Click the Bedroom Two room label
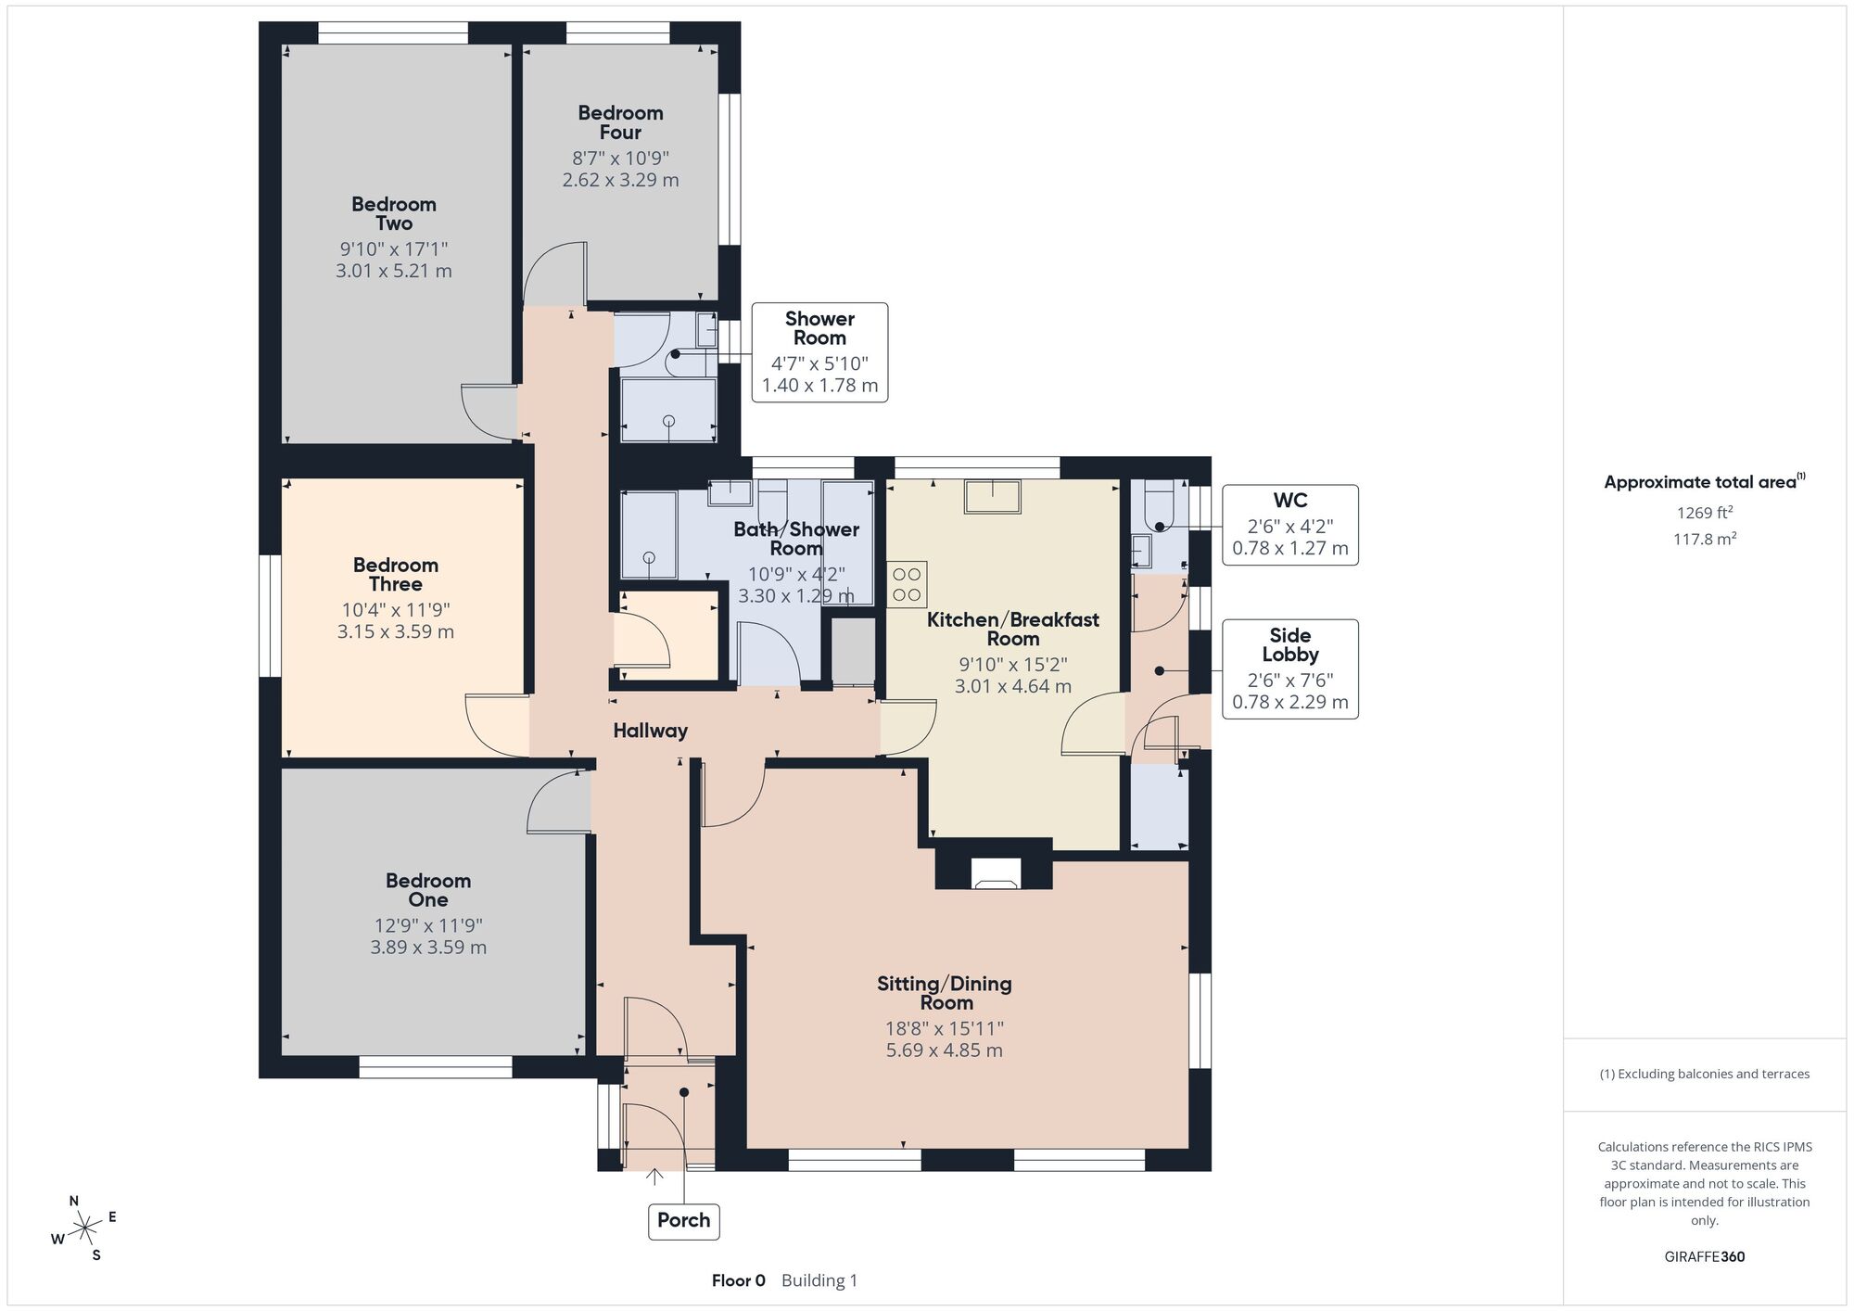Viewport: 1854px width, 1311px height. click(394, 214)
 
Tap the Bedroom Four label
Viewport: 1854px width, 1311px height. click(620, 122)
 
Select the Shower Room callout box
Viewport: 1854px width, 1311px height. click(819, 352)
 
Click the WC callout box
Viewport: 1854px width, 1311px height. click(1290, 526)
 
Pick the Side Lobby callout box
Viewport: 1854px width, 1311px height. click(1290, 669)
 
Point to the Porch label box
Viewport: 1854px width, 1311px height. click(684, 1220)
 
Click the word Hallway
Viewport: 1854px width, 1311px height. click(650, 731)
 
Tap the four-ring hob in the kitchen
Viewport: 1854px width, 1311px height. click(906, 584)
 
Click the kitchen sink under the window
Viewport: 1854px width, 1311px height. click(993, 496)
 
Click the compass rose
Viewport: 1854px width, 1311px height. click(84, 1228)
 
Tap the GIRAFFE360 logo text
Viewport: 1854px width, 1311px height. click(1704, 1257)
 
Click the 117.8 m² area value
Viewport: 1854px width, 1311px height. click(1705, 539)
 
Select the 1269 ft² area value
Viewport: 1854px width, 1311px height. click(1705, 513)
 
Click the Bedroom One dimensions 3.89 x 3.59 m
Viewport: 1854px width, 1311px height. click(428, 948)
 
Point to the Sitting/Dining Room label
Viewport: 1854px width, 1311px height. click(945, 993)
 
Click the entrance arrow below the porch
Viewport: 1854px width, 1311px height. click(654, 1177)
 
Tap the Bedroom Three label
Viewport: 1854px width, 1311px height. click(396, 575)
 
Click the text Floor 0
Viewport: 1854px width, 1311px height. click(739, 1280)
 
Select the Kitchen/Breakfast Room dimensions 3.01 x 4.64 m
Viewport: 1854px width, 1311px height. click(1013, 686)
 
